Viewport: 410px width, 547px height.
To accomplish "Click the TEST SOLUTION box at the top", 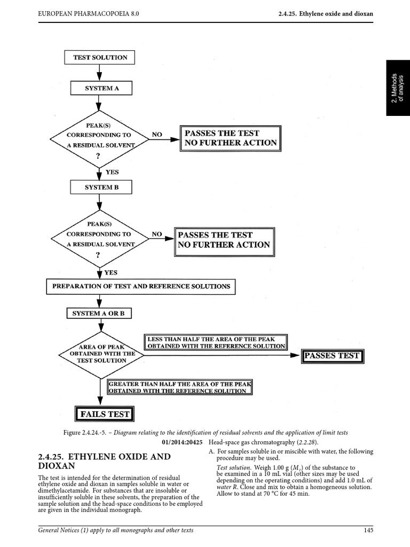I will coord(100,57).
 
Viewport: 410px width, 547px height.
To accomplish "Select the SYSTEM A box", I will coord(101,88).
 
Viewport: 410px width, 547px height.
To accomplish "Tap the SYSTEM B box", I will coord(101,187).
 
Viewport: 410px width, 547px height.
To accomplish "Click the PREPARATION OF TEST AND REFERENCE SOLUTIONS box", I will coord(141,286).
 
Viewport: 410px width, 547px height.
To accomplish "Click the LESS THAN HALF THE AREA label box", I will coord(216,342).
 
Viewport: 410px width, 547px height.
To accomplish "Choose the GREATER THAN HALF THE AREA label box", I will coord(179,387).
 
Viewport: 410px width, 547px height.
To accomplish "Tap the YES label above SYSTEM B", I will coord(112,173).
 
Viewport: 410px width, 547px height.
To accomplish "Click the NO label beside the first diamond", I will coord(156,135).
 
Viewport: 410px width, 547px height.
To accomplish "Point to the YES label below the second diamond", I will coord(111,272).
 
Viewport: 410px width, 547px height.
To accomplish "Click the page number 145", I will coord(367,530).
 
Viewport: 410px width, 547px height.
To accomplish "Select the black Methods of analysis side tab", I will coord(398,88).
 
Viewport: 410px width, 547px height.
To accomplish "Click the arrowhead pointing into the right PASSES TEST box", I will coord(295,356).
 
